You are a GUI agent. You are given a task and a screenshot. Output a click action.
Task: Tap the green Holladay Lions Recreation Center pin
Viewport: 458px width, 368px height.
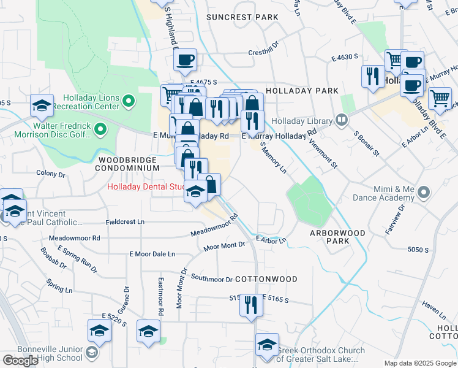click(128, 100)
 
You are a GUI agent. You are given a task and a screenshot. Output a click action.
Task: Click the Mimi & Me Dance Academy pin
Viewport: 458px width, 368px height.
click(423, 194)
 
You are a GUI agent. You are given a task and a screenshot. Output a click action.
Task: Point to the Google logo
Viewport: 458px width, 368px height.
click(20, 361)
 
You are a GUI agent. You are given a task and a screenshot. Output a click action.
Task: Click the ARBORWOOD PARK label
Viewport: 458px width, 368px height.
click(337, 237)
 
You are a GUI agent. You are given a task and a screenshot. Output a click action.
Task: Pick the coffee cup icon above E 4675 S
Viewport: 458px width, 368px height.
click(185, 60)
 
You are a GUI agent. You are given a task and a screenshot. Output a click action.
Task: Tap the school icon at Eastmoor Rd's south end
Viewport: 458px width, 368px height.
click(148, 332)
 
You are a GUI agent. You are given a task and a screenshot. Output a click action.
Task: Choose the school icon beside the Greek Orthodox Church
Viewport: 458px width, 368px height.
click(267, 345)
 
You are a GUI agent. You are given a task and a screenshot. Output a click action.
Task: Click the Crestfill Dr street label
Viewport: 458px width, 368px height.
click(263, 53)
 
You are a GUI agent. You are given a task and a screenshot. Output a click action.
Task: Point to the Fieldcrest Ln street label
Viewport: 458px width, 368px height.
click(125, 221)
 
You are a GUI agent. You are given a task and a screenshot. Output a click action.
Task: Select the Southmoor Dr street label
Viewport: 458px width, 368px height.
click(212, 278)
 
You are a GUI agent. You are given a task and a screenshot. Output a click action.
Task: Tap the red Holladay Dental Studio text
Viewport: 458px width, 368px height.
click(146, 187)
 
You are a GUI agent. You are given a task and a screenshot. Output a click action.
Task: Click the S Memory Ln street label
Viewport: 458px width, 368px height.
click(274, 158)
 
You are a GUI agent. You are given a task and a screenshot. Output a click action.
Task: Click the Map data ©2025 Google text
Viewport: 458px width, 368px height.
click(420, 363)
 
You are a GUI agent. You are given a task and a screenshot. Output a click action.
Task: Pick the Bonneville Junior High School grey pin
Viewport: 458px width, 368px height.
click(91, 353)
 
